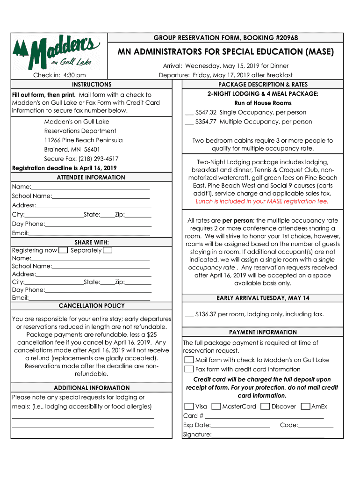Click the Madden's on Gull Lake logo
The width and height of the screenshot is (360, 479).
point(57,51)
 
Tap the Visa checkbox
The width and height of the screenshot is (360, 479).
point(189,406)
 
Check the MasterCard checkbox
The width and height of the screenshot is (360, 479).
point(216,406)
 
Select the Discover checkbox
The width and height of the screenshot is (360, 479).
point(265,406)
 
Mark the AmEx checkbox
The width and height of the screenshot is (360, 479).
point(305,406)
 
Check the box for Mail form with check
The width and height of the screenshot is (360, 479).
point(189,360)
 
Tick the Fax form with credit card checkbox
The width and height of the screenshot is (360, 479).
point(189,369)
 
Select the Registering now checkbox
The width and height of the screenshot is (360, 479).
point(63,250)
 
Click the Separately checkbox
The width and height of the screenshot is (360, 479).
point(107,250)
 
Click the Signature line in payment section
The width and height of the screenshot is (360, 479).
point(267,435)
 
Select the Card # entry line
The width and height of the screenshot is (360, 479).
point(264,416)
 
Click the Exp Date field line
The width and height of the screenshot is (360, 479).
point(240,426)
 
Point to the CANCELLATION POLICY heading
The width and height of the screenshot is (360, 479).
point(92,305)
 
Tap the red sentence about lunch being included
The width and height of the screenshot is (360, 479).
point(262,201)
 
